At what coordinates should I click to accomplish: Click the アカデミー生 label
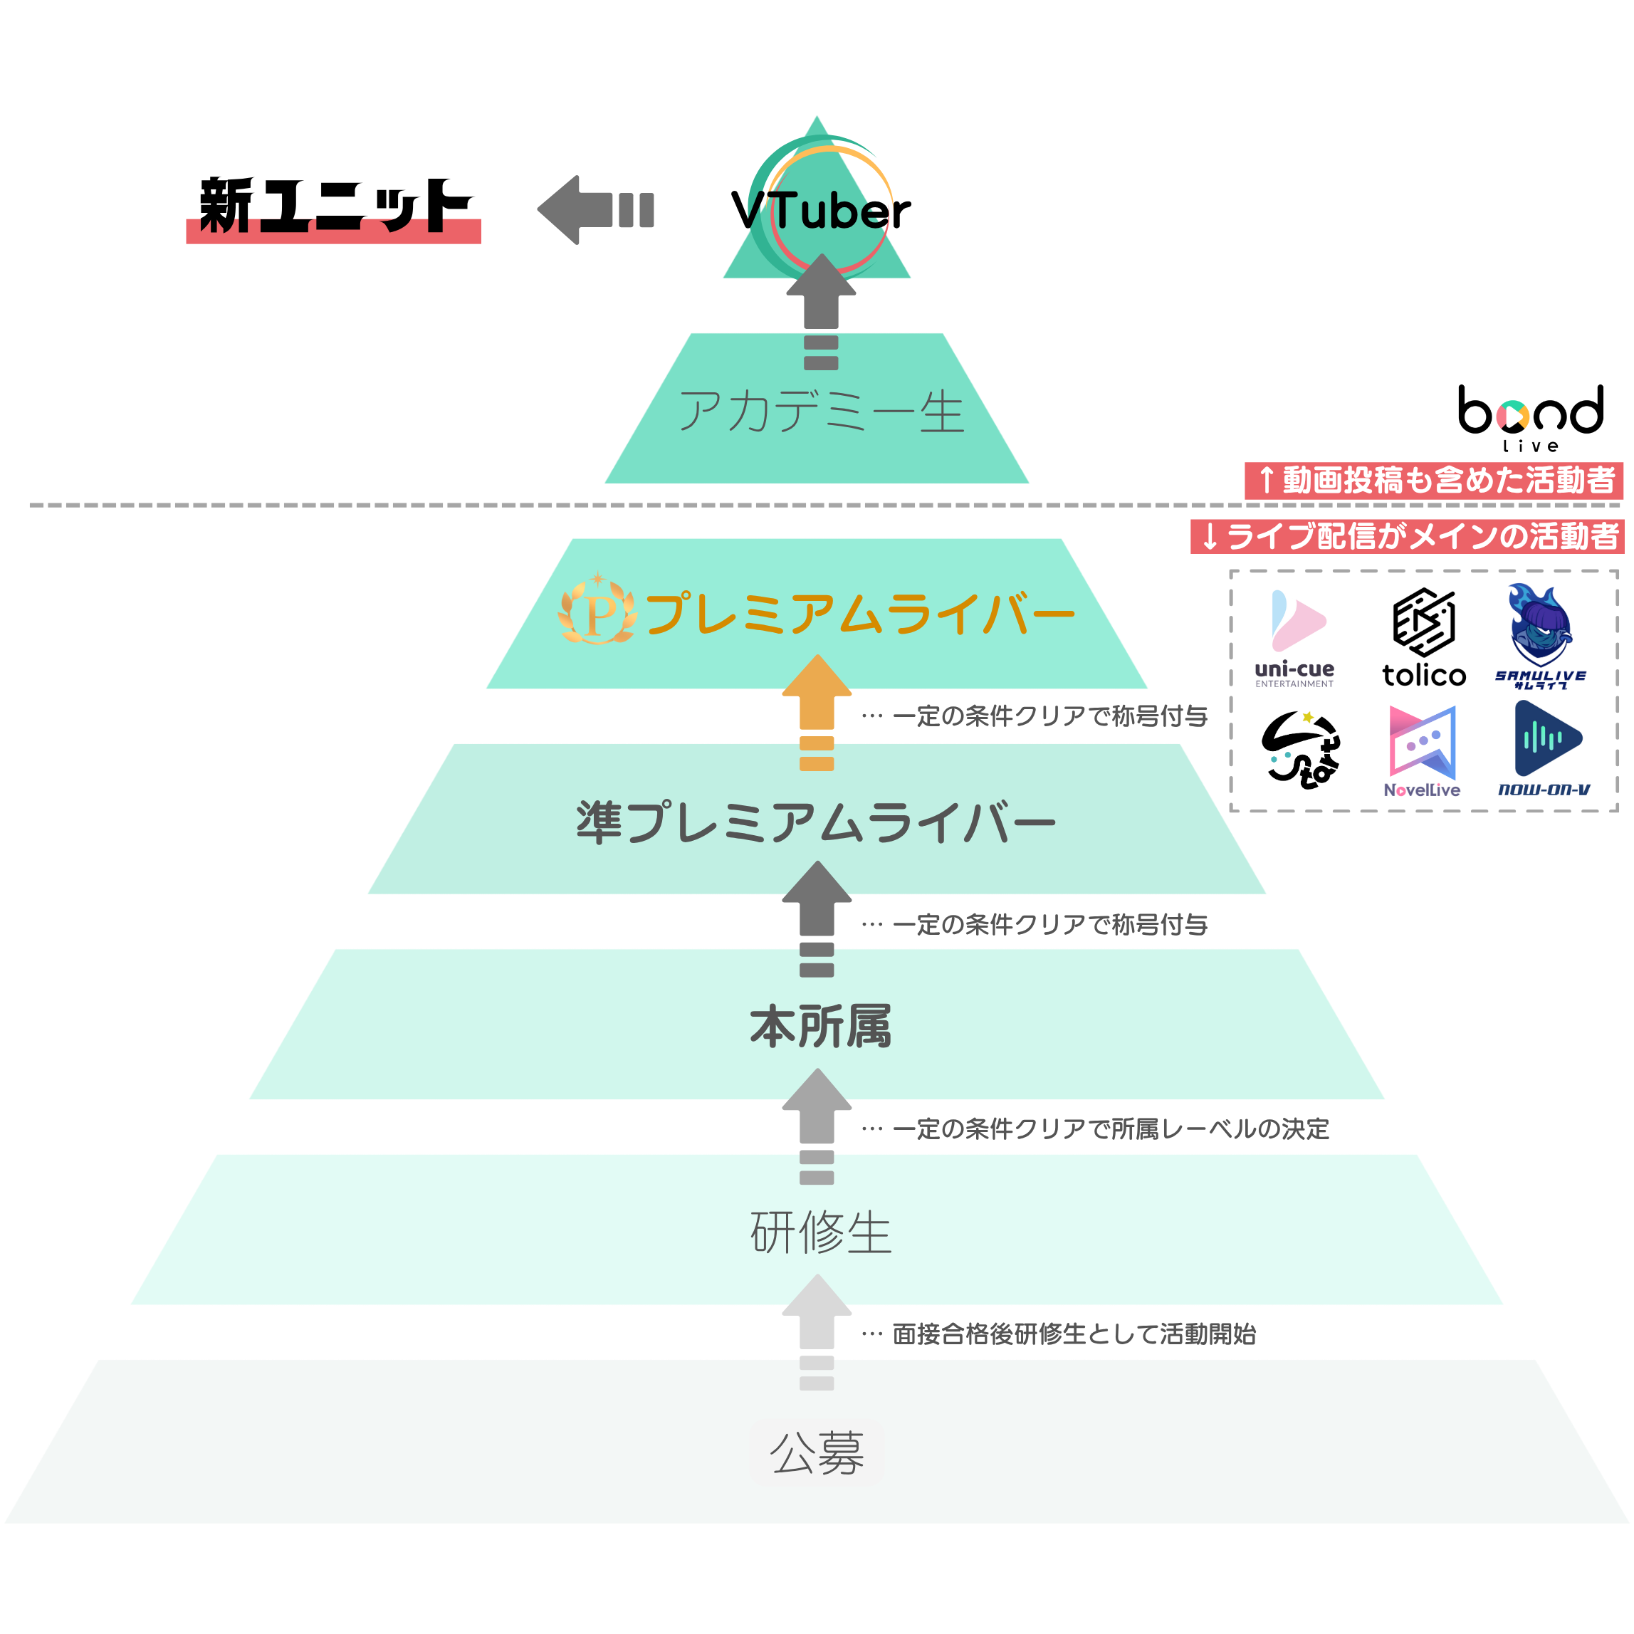tap(820, 412)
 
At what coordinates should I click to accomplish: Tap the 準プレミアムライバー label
tap(816, 822)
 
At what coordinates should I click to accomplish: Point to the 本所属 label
tap(819, 1027)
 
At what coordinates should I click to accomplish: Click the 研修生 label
tap(819, 1232)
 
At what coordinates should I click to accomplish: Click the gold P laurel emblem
tap(597, 611)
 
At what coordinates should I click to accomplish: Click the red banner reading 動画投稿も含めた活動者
tap(1433, 481)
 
